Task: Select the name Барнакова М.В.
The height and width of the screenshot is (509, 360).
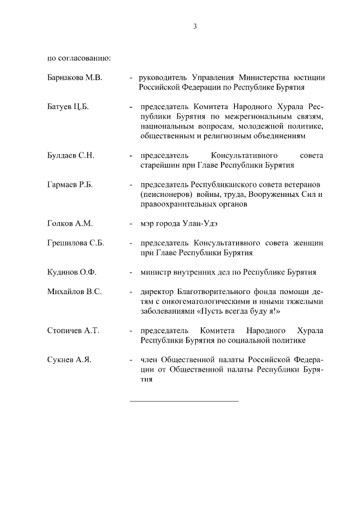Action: click(x=75, y=78)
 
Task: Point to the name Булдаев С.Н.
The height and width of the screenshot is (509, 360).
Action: click(x=70, y=155)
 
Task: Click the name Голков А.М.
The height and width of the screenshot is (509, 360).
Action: click(x=69, y=223)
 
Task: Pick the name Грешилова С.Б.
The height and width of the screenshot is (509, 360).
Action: click(x=76, y=243)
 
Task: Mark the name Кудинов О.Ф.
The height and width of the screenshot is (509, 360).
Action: click(x=72, y=272)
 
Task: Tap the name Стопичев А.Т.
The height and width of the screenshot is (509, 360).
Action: click(x=73, y=331)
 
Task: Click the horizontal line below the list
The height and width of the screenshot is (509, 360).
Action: click(x=184, y=401)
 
